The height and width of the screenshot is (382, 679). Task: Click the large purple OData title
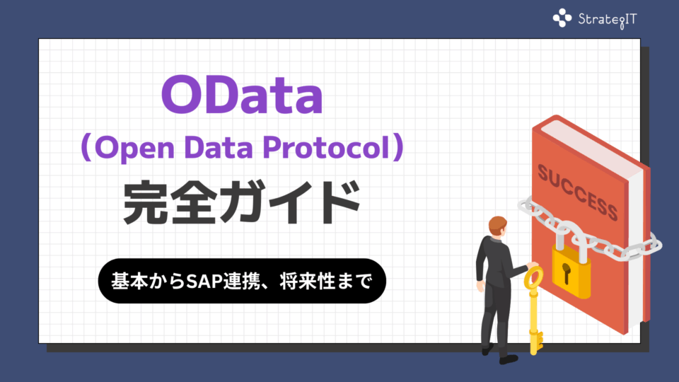point(242,95)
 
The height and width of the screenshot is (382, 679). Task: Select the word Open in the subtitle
point(134,149)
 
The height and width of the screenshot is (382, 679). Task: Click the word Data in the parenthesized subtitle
point(219,147)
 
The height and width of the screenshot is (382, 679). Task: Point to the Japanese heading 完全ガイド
point(242,202)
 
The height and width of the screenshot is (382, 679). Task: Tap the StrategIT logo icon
point(562,18)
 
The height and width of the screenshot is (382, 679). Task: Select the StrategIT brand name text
point(608,20)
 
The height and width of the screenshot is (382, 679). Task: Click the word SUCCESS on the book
point(578,192)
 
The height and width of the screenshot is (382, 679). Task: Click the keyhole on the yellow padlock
point(566,273)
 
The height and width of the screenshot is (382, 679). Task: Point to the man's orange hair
point(497,224)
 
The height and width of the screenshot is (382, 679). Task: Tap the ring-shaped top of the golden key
point(533,277)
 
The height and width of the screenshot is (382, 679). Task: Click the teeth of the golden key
point(539,340)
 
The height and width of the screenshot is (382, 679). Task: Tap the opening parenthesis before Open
point(86,147)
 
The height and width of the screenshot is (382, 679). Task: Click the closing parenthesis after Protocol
point(398,147)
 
